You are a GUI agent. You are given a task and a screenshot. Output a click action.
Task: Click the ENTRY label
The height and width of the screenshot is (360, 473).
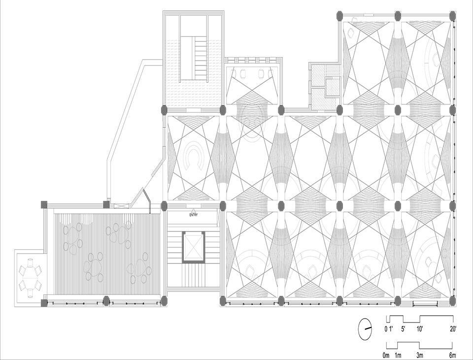193,215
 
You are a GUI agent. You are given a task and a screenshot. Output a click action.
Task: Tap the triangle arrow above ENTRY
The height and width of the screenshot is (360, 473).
193,210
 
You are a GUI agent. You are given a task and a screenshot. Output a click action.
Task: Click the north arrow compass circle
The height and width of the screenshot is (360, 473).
365,328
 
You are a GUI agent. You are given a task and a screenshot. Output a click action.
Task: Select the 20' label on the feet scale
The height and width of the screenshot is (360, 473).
453,329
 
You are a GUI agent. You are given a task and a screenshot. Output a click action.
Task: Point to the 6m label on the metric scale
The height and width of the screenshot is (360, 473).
452,356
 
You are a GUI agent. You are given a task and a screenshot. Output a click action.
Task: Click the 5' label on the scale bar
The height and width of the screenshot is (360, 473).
403,329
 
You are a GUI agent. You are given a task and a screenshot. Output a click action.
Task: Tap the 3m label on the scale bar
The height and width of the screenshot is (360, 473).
420,356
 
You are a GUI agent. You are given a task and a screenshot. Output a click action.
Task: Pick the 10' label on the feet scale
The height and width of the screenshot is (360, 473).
420,329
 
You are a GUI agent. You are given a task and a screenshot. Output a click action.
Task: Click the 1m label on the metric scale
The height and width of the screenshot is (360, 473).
398,356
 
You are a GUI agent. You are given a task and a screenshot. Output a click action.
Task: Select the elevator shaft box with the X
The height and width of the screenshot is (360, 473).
193,247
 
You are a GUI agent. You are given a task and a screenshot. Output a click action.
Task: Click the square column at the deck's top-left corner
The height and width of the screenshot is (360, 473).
44,204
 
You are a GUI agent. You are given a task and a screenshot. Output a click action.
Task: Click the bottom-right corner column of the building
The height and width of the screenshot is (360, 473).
452,300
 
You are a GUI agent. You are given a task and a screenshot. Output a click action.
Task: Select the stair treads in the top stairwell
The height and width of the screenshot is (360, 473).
200,58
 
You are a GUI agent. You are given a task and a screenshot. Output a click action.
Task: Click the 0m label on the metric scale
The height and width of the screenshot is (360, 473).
386,356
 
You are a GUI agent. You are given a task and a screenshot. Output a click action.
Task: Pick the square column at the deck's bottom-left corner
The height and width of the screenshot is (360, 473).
44,302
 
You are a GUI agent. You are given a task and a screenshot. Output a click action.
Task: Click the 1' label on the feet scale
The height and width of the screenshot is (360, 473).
391,329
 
